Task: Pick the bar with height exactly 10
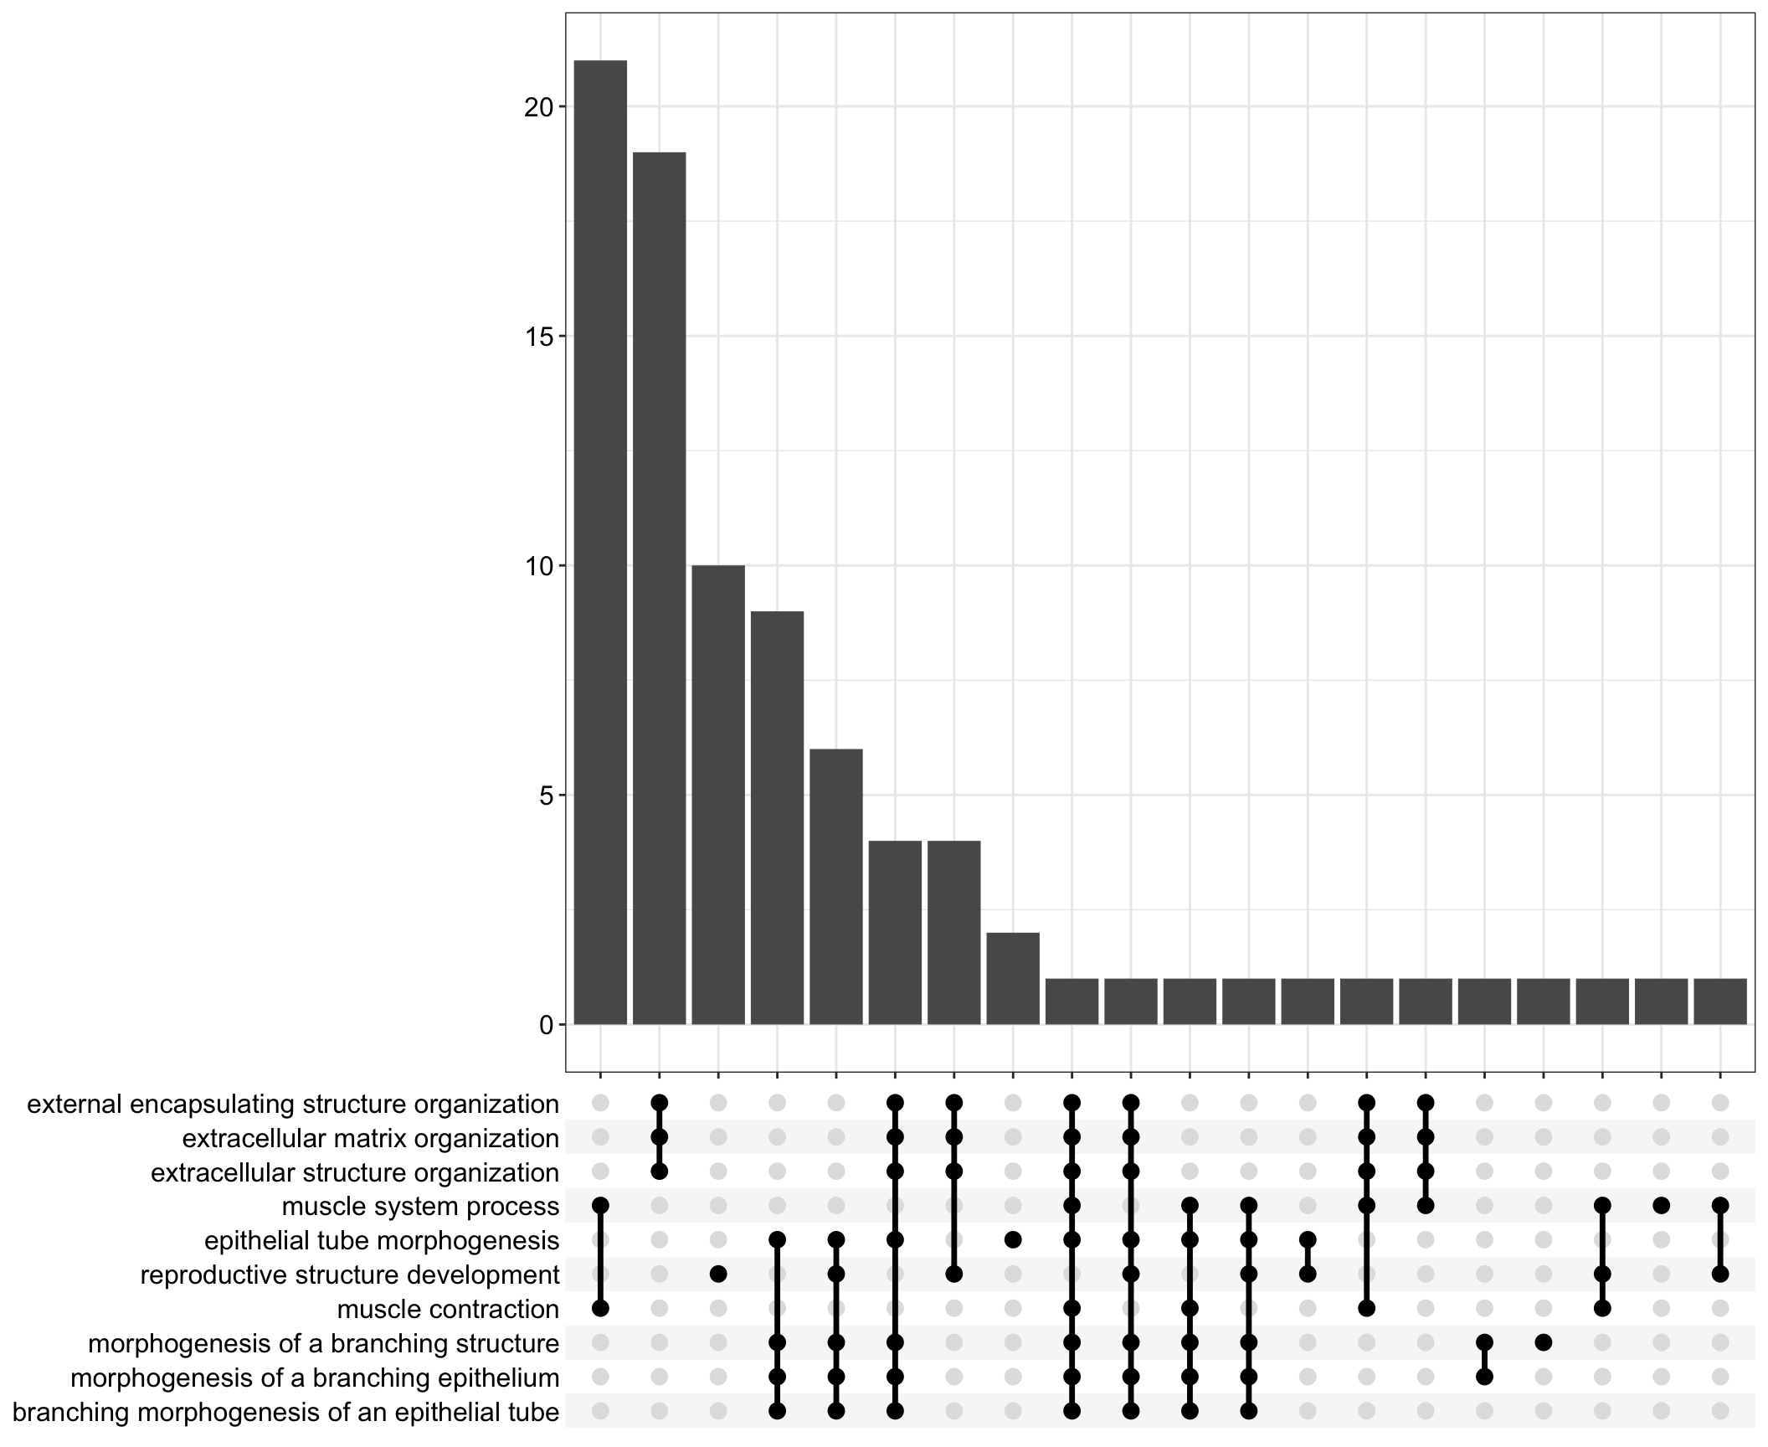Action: point(718,795)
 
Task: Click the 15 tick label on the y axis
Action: point(540,337)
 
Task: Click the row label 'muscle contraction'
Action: point(448,1310)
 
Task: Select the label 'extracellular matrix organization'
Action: point(370,1139)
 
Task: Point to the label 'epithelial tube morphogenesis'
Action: point(382,1241)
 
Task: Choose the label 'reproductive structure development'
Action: point(349,1275)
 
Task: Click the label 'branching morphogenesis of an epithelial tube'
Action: point(285,1413)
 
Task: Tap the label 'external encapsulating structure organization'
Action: point(293,1105)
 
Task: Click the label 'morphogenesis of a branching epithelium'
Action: point(315,1378)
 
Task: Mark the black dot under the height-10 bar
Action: point(718,1274)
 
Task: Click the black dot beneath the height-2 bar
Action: point(1013,1239)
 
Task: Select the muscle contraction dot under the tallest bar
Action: point(600,1309)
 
